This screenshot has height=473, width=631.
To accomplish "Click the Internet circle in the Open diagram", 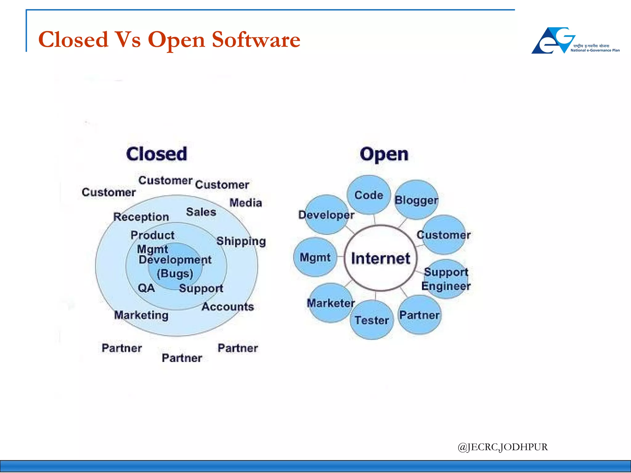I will click(x=381, y=258).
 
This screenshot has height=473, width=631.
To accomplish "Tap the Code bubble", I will click(x=369, y=195).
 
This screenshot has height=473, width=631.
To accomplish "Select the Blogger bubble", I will click(x=416, y=200).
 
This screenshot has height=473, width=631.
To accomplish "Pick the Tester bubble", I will click(x=372, y=320).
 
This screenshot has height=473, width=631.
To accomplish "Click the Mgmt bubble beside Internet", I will click(x=315, y=257).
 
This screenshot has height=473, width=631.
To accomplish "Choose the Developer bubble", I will click(x=327, y=215).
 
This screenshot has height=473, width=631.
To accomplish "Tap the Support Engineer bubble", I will click(x=446, y=279).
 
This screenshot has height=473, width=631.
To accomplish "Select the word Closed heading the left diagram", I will click(x=157, y=154).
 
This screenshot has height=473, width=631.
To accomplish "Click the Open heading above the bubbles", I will click(x=384, y=154).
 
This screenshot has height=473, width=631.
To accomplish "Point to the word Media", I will click(x=246, y=203).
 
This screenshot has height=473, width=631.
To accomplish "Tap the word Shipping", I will click(x=241, y=241).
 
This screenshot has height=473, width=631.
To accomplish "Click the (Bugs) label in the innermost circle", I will click(x=175, y=273).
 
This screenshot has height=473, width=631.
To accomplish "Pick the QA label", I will click(x=146, y=288).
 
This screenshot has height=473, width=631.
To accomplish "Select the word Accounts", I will click(x=228, y=307).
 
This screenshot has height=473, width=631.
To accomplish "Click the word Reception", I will click(x=141, y=217).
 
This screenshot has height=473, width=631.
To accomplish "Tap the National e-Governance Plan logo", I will click(x=575, y=41).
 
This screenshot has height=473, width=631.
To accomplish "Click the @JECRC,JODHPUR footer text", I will click(x=503, y=447).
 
